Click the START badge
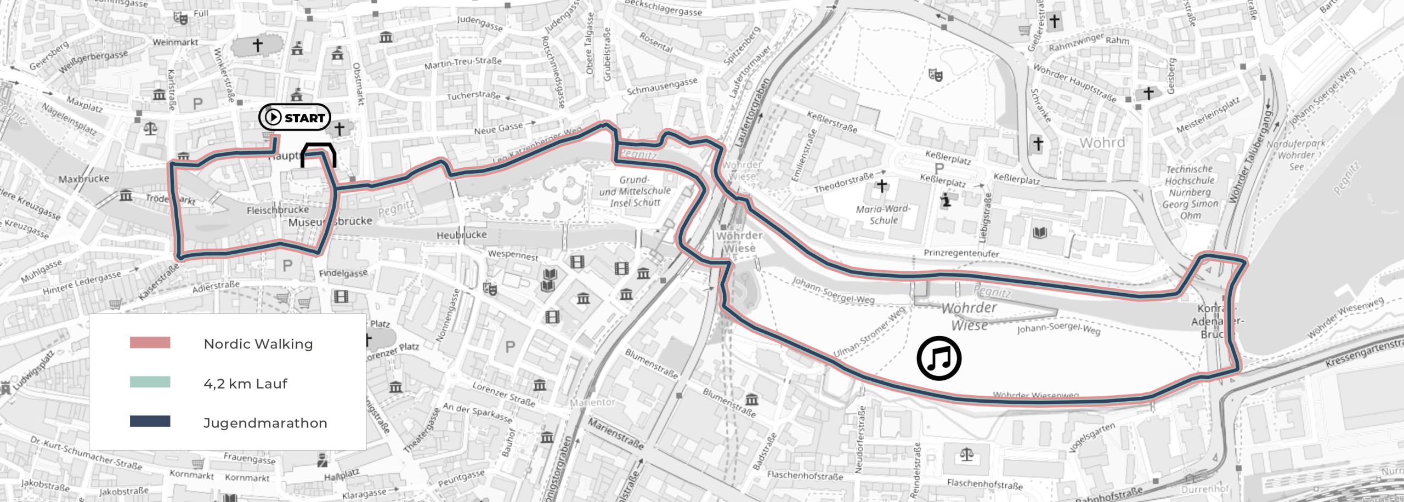click(x=295, y=117)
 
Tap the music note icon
click(x=939, y=358)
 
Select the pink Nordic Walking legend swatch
click(x=150, y=343)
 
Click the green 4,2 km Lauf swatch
click(x=150, y=383)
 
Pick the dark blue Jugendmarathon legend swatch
click(x=150, y=421)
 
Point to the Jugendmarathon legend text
click(x=265, y=423)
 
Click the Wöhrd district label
click(x=1102, y=143)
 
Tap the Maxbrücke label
click(x=84, y=179)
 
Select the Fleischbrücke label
click(x=278, y=210)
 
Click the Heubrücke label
click(x=461, y=235)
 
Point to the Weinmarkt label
click(x=175, y=42)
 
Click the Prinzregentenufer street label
click(x=961, y=253)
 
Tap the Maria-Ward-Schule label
click(x=883, y=214)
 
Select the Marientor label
click(x=592, y=402)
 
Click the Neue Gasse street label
click(x=499, y=129)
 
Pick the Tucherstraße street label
click(x=474, y=96)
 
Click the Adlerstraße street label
click(x=216, y=287)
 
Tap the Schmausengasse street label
click(x=662, y=87)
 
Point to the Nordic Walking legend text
click(x=258, y=344)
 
